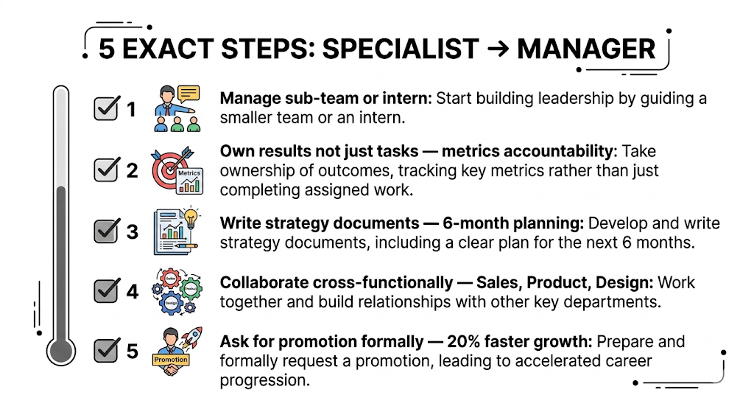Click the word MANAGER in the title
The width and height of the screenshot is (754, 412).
[x=586, y=49]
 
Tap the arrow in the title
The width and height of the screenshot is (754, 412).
[x=497, y=49]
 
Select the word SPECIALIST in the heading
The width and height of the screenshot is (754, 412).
[x=401, y=49]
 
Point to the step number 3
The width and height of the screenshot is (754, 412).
[x=133, y=231]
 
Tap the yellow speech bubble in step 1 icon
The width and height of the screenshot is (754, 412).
[x=188, y=94]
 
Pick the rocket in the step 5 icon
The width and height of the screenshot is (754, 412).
[x=193, y=340]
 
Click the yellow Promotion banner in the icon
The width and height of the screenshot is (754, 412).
[x=170, y=360]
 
